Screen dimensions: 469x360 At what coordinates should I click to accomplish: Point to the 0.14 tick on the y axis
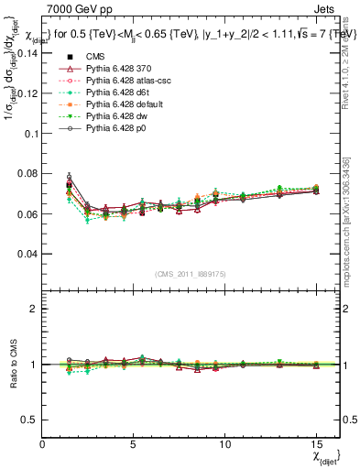click(x=27, y=53)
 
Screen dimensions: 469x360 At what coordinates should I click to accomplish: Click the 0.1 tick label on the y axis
click(x=30, y=133)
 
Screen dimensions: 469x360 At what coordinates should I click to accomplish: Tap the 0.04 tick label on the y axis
click(x=27, y=253)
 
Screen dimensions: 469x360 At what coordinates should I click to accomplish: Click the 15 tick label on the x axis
click(x=316, y=444)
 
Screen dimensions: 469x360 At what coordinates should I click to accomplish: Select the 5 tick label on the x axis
click(x=134, y=444)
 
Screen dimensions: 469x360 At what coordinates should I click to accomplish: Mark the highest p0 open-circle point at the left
click(x=69, y=176)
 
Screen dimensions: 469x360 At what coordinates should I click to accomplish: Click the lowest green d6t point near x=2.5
click(x=87, y=220)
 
